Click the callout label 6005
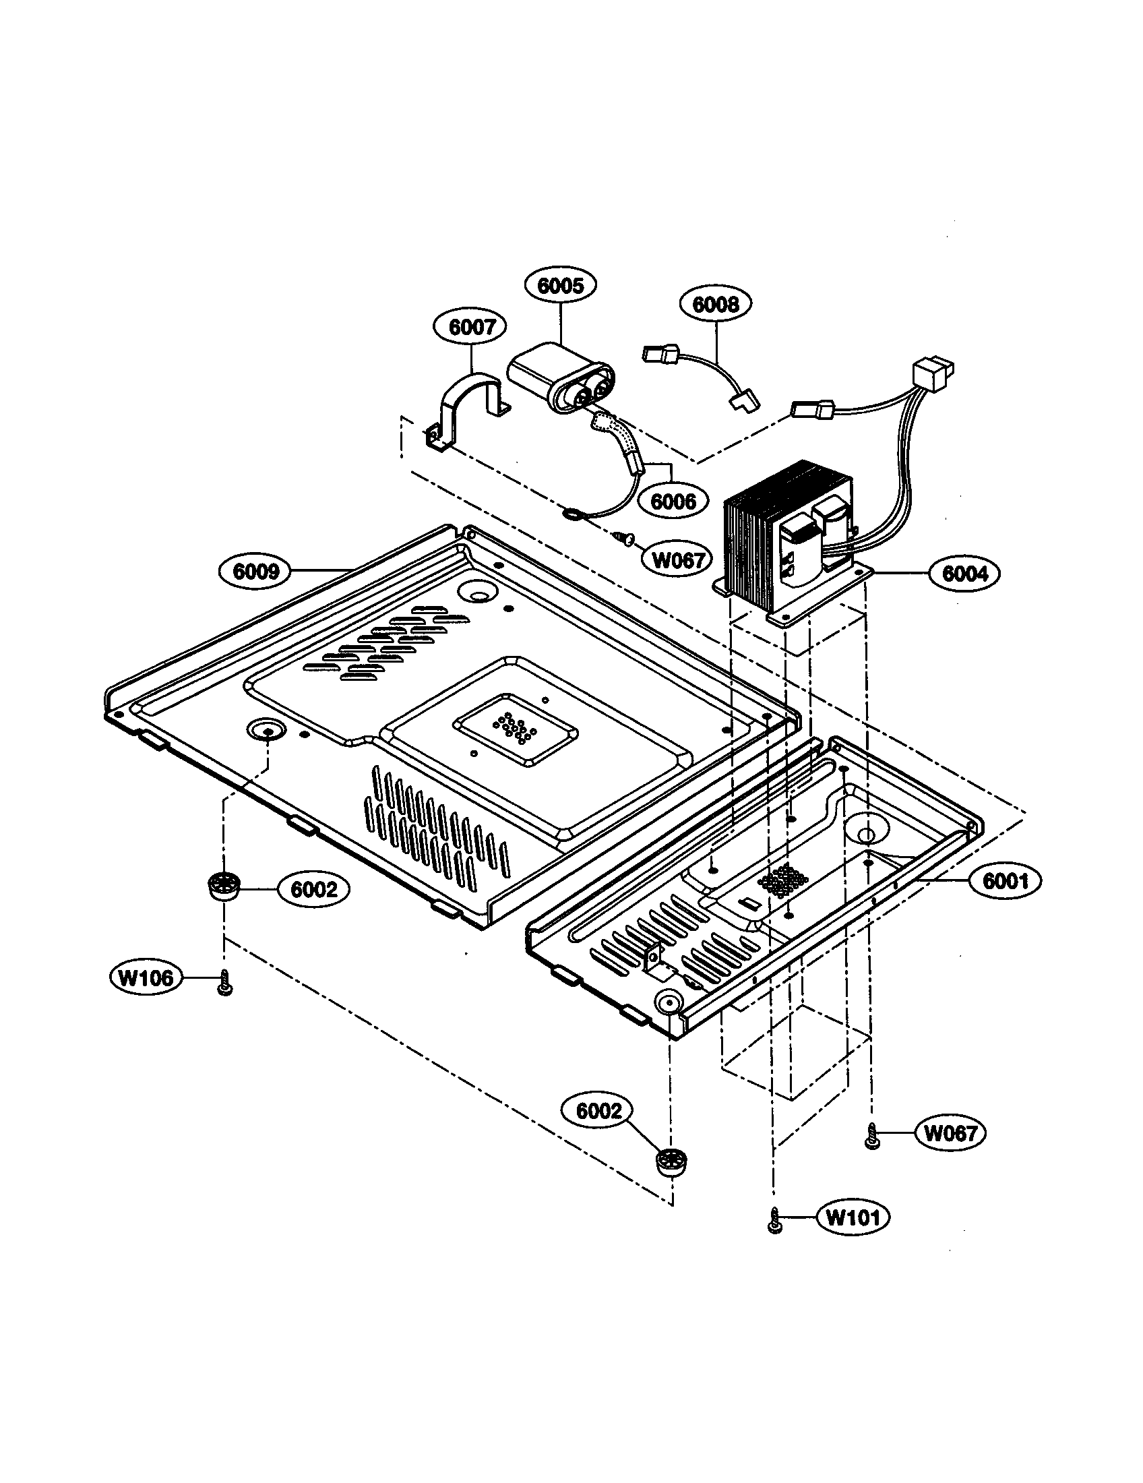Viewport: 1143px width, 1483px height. (560, 285)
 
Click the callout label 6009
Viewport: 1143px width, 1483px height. (256, 571)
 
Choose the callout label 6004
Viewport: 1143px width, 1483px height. (964, 574)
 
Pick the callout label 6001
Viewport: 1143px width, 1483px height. (1005, 881)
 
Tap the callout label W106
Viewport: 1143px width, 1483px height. (146, 978)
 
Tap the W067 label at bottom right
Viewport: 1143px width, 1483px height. (951, 1132)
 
